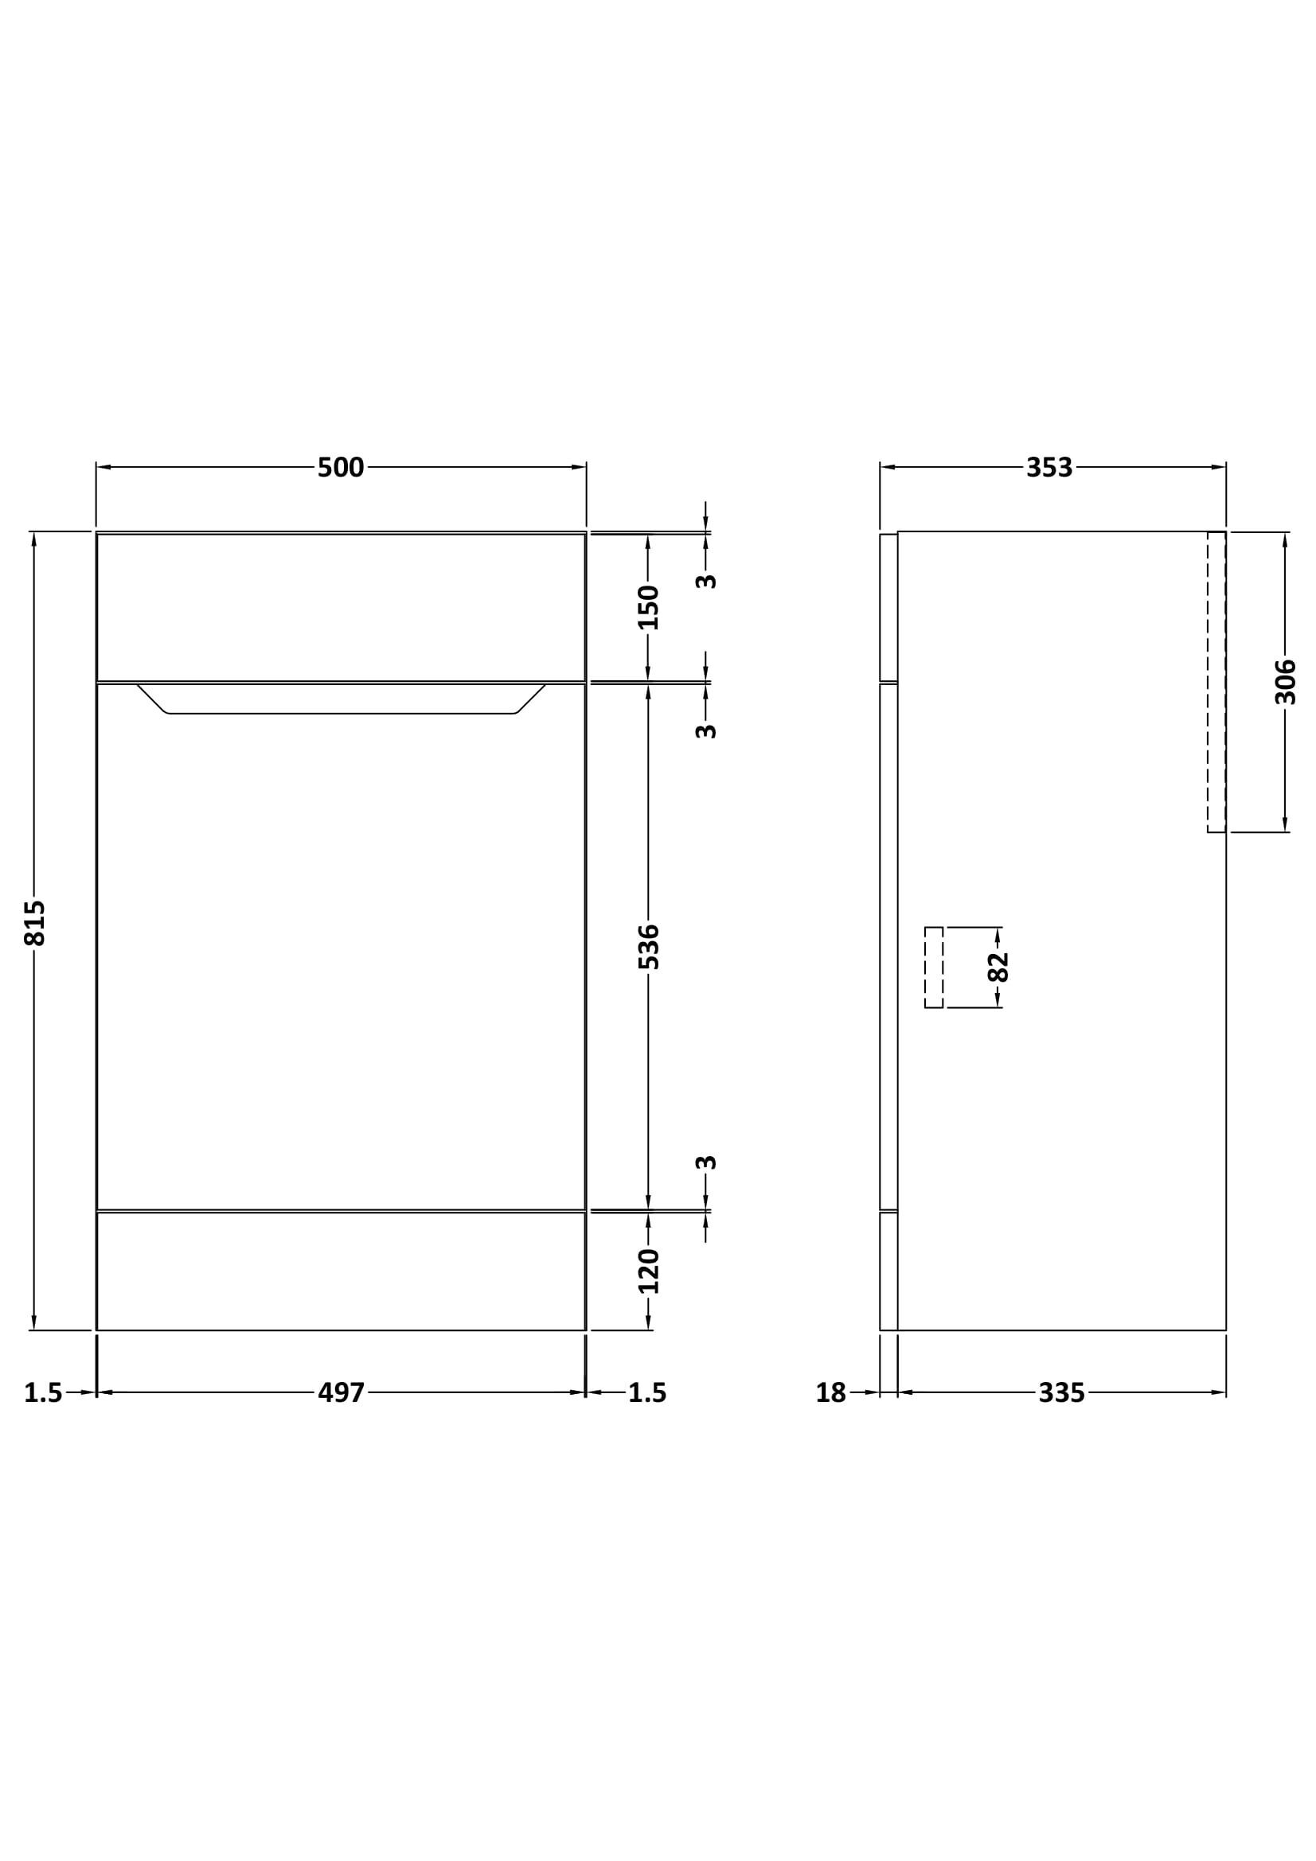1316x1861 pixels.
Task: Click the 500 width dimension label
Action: coord(341,468)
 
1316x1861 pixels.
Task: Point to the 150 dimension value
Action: coord(649,607)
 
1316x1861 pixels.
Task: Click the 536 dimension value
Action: coord(649,947)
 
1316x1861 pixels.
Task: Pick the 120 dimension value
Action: coord(649,1271)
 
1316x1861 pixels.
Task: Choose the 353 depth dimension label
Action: coord(1049,468)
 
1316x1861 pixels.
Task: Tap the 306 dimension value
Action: coord(1286,682)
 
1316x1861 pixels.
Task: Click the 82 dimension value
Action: coord(998,967)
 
